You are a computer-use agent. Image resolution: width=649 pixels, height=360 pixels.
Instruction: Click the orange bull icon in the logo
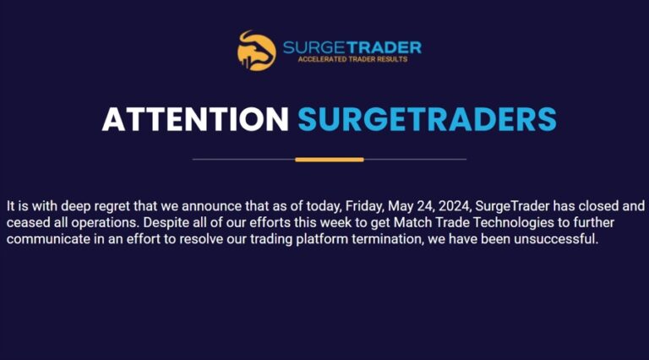click(256, 50)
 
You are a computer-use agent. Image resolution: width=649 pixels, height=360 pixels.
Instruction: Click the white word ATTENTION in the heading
click(196, 119)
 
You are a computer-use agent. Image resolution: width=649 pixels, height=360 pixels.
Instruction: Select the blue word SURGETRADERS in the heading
click(427, 119)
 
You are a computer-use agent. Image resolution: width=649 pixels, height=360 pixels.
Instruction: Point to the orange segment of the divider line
click(330, 159)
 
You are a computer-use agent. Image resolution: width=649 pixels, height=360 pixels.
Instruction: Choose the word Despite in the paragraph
click(174, 223)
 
